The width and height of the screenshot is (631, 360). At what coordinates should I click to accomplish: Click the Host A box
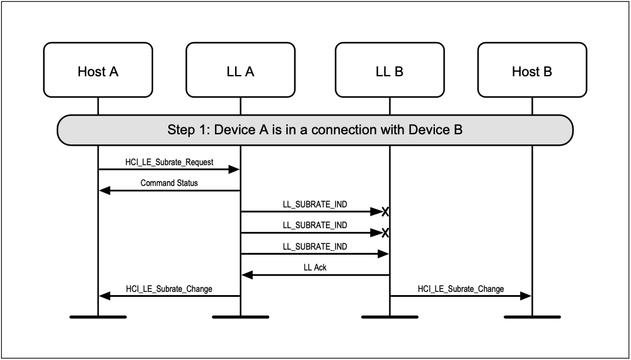98,71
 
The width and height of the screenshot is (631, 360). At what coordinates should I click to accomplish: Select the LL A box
240,71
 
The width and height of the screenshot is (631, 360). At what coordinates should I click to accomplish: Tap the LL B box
389,71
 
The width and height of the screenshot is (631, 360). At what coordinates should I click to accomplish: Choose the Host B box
531,71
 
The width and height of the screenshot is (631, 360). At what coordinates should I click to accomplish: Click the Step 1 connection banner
315,130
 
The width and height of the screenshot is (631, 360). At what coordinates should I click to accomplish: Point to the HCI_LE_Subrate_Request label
168,162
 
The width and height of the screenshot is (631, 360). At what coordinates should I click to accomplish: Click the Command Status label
168,183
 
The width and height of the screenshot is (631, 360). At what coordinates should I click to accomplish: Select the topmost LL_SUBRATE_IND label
315,204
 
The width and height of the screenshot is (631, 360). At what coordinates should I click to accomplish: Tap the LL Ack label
315,267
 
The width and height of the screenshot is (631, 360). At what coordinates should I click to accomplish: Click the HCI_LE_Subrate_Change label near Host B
461,289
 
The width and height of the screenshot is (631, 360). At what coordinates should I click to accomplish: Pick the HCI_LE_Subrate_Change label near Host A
168,289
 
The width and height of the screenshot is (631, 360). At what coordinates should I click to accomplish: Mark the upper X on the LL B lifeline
385,212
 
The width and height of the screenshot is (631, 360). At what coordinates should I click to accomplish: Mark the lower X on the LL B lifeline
385,233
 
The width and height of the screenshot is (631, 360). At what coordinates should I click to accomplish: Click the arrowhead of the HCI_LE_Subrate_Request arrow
234,169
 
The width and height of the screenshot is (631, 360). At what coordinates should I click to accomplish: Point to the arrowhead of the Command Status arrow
104,190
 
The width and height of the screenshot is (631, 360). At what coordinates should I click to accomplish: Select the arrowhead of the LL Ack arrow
246,275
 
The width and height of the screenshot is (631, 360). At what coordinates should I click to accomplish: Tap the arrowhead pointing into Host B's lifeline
526,296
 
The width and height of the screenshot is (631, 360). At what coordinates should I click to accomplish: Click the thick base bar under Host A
98,316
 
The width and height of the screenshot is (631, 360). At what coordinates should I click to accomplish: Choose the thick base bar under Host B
531,316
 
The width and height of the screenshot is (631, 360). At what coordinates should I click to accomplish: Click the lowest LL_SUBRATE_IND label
315,247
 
